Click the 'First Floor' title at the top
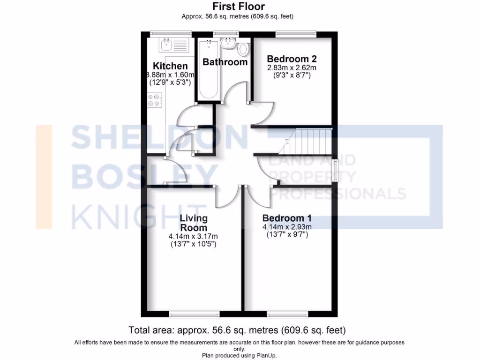coord(238,7)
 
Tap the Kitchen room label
coord(170,66)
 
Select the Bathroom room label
coord(225,62)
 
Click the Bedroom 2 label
coord(292,59)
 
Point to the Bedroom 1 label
coord(287,218)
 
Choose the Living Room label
coord(194,222)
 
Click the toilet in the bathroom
coord(243,48)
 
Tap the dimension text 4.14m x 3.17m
coord(194,236)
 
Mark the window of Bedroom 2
coord(295,33)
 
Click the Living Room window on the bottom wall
coord(194,314)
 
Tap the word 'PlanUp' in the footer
coord(265,355)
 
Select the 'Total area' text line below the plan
coord(237,330)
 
